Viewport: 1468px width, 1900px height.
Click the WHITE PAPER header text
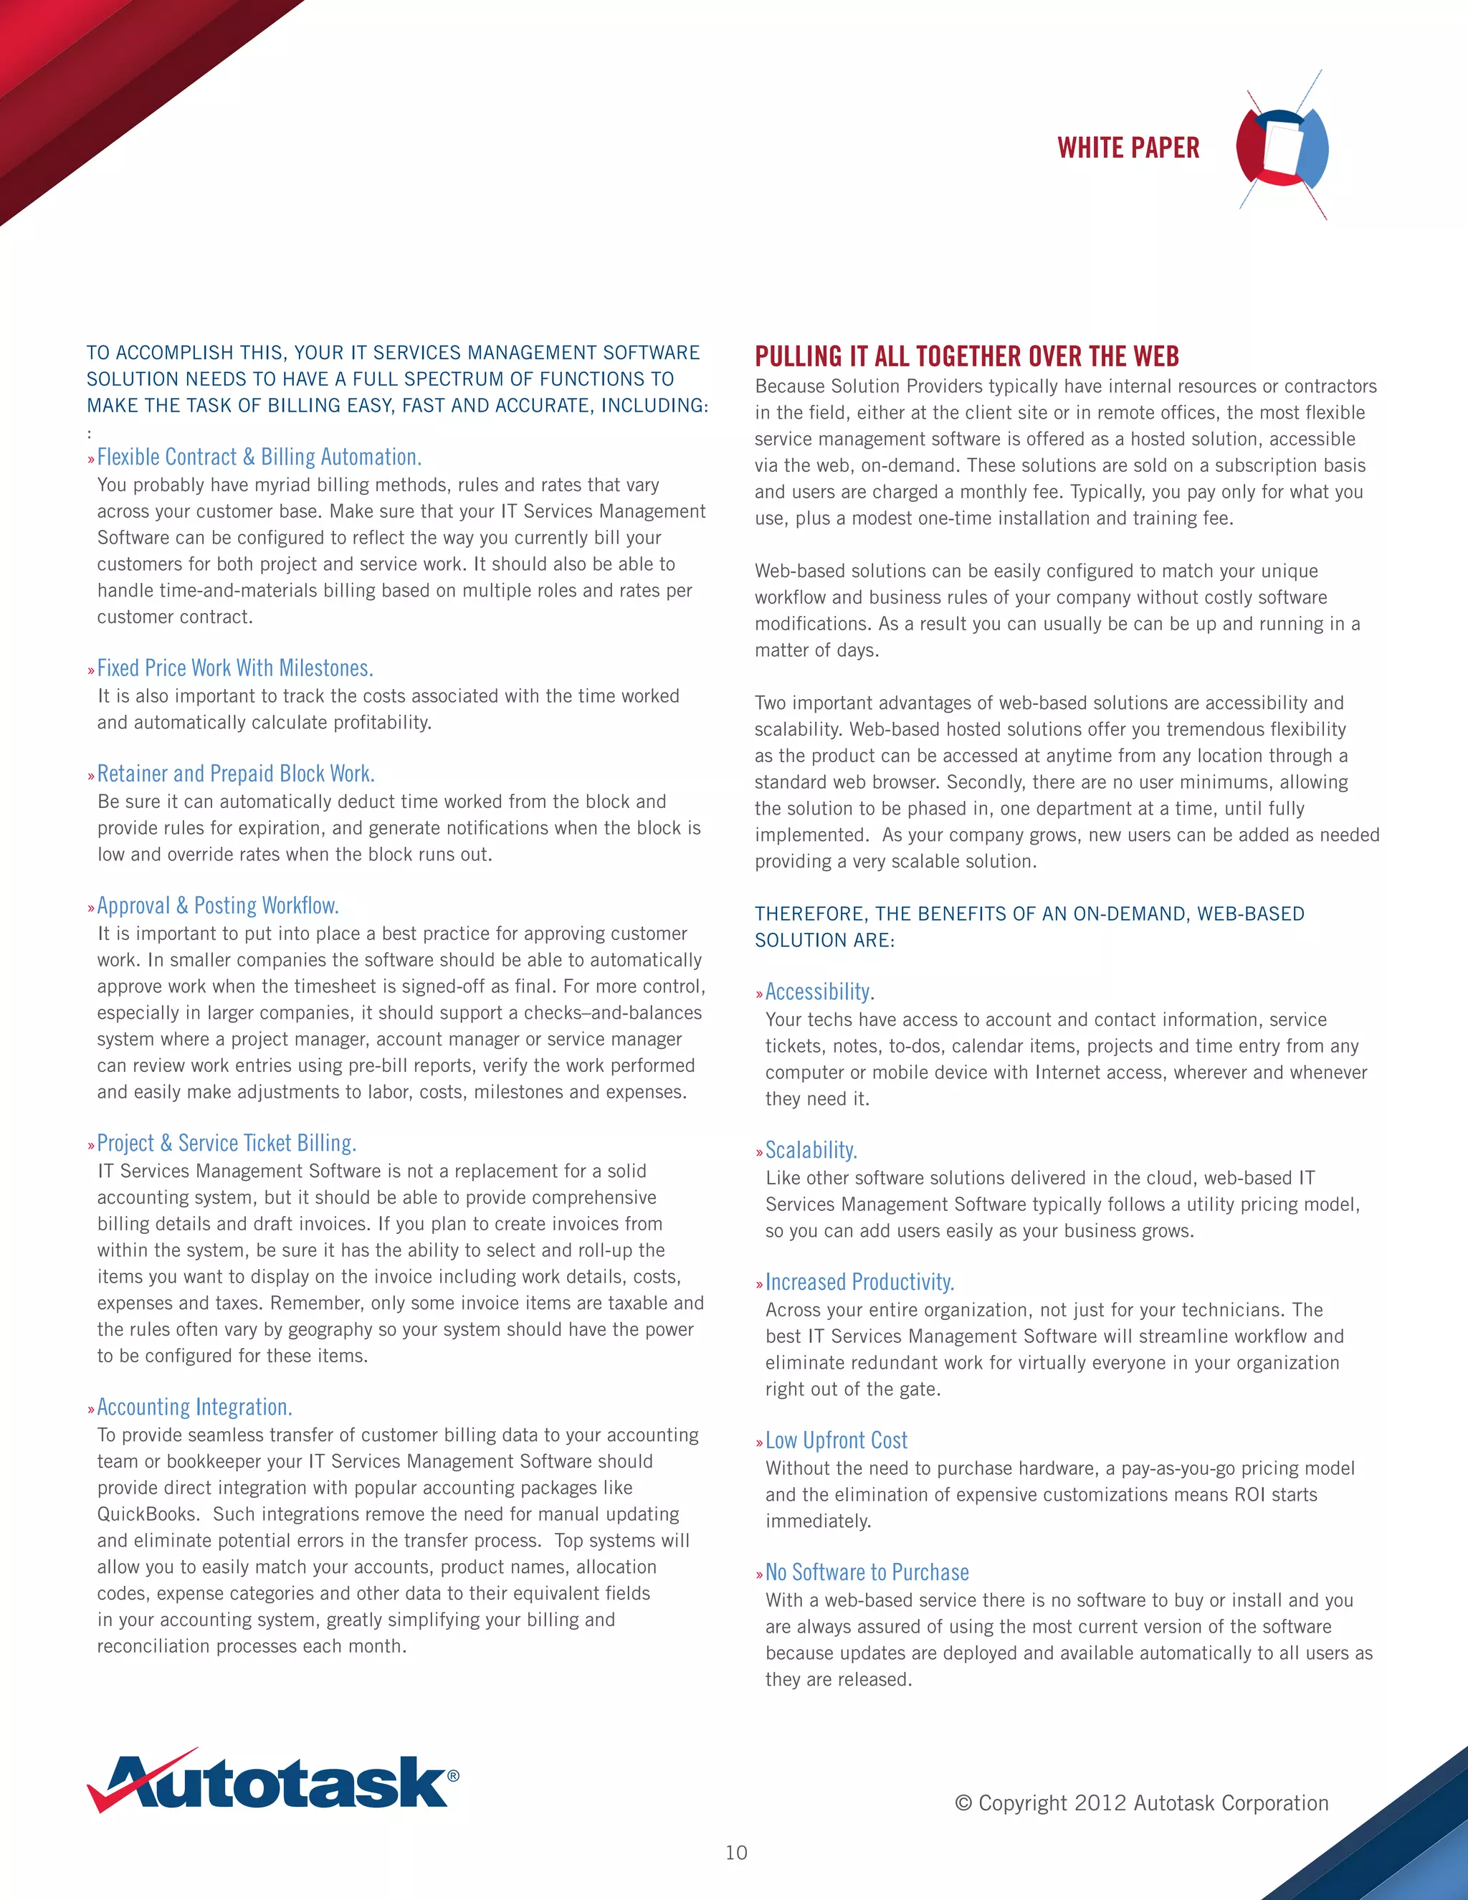(1128, 148)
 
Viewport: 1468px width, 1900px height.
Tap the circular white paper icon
(1282, 146)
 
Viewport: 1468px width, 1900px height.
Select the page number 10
(735, 1852)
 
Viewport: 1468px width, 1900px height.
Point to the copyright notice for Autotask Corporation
(1141, 1802)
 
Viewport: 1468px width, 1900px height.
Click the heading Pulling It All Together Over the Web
(966, 356)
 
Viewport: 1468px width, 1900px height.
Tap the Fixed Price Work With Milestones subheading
(235, 668)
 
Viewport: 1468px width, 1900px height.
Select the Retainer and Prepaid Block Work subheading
(236, 774)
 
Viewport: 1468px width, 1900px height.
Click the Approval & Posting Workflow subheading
(217, 906)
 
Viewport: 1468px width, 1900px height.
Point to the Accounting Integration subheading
(194, 1407)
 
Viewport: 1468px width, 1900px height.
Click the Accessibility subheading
(819, 992)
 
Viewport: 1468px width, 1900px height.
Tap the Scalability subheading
(811, 1150)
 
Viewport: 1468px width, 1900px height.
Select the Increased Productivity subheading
(859, 1283)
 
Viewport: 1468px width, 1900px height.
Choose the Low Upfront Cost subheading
(836, 1440)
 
